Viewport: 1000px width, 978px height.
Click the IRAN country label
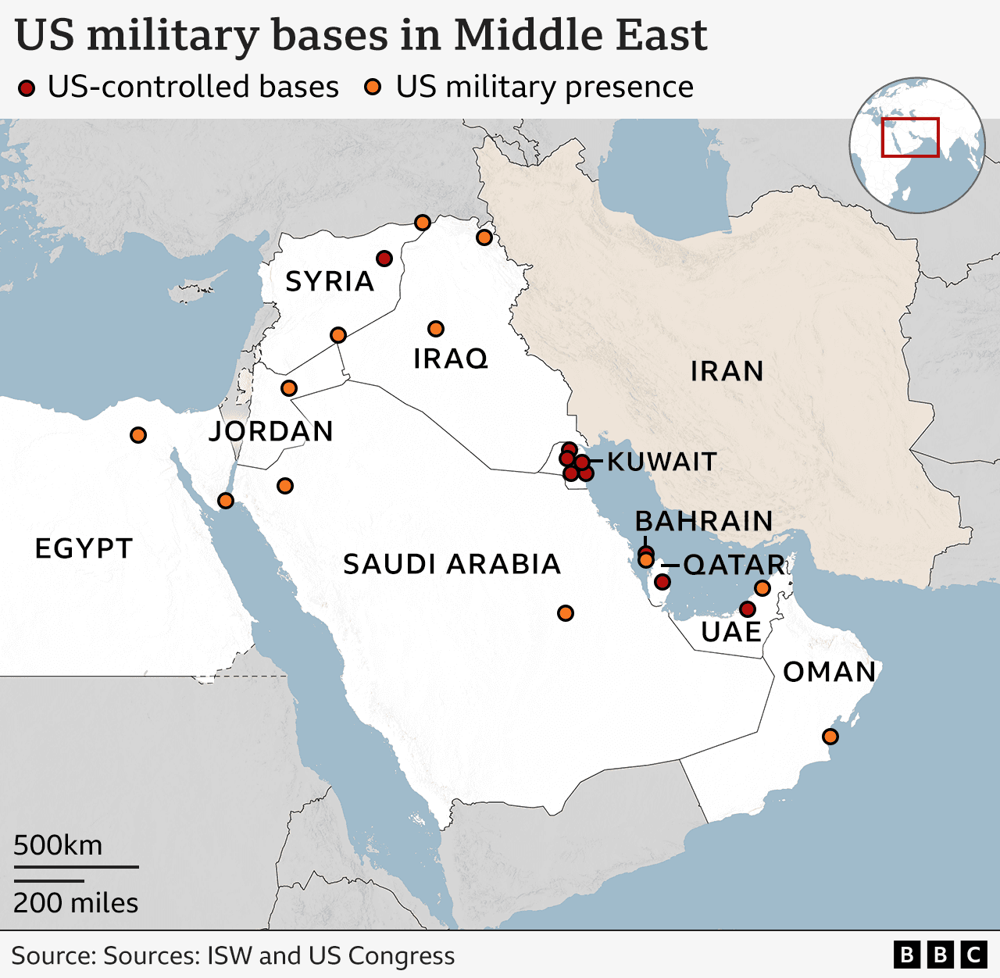(x=727, y=371)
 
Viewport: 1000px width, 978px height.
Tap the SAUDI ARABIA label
(x=452, y=564)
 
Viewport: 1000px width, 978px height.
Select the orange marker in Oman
(x=830, y=736)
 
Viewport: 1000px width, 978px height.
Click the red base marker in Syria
(x=384, y=259)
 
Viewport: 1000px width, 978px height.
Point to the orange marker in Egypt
(x=138, y=435)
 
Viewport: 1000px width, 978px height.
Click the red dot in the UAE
(x=747, y=609)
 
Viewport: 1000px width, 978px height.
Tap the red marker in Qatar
(x=662, y=581)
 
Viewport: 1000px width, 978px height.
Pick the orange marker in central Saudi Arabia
(x=566, y=613)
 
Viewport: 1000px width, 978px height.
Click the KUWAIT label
(x=661, y=462)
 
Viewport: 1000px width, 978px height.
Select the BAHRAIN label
(x=703, y=521)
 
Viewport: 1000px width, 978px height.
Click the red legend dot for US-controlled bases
(x=27, y=87)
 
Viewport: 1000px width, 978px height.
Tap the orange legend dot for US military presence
(x=373, y=87)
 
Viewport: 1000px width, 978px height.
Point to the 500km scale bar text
(x=58, y=845)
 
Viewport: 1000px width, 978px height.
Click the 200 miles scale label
(x=76, y=903)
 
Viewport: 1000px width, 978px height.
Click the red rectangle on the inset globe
(x=910, y=137)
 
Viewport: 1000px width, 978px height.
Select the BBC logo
(x=941, y=955)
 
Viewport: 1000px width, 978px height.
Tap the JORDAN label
(x=271, y=431)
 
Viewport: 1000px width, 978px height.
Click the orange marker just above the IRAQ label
(x=436, y=329)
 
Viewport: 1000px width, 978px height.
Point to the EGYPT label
(x=84, y=548)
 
